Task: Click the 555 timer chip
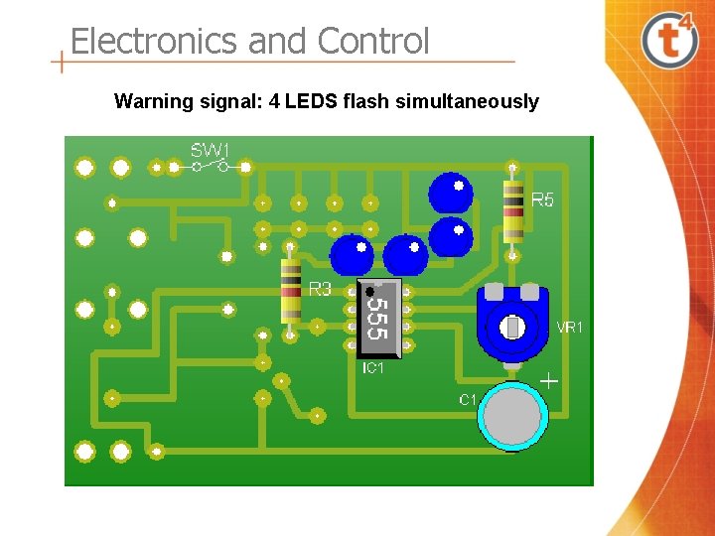(378, 318)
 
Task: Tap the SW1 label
(210, 151)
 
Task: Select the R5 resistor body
(512, 210)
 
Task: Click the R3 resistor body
(291, 290)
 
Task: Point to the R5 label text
(543, 201)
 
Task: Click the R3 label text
(320, 290)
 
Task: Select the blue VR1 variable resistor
(512, 320)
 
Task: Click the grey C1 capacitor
(512, 416)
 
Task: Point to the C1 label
(468, 400)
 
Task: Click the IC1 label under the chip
(373, 368)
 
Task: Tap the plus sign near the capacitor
(548, 381)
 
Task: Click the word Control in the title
(373, 42)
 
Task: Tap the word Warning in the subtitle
(151, 101)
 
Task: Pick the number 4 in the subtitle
(274, 101)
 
